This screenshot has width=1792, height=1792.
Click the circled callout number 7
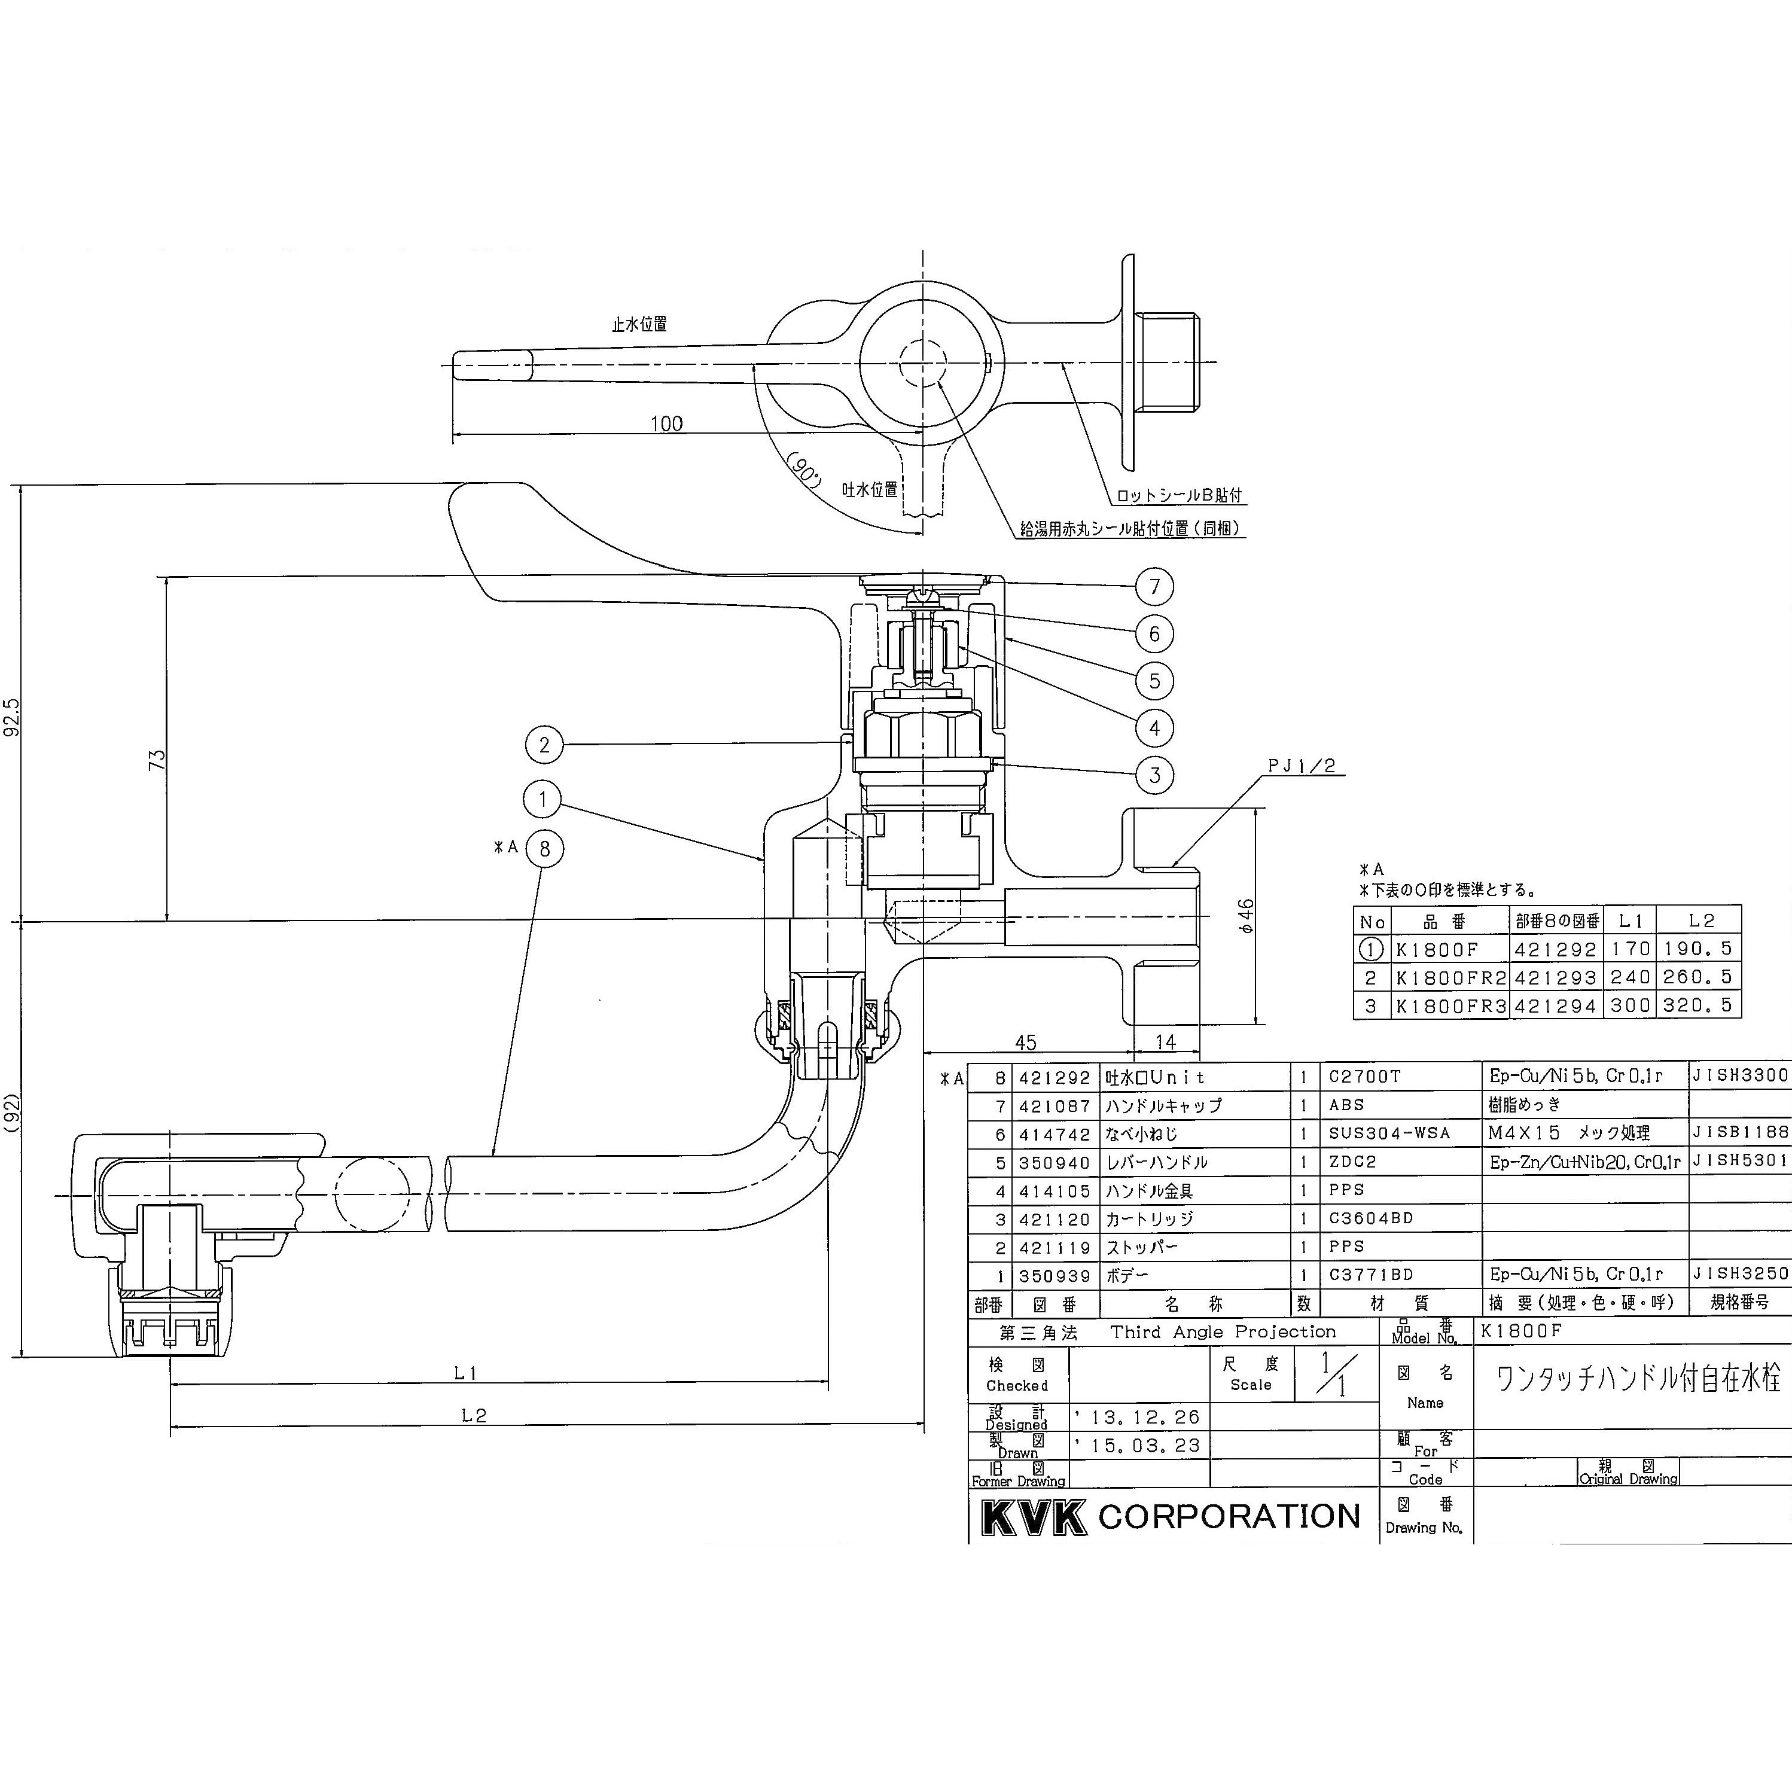[x=1155, y=586]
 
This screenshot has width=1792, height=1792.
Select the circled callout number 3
[x=1155, y=775]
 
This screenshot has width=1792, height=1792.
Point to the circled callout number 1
[x=543, y=799]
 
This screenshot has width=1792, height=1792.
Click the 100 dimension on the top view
[x=666, y=424]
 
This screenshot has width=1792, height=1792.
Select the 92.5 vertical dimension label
[x=12, y=717]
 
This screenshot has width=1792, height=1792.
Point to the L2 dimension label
[x=474, y=1415]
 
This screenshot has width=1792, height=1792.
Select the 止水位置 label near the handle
[x=639, y=325]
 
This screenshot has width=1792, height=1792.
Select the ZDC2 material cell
[x=1352, y=1162]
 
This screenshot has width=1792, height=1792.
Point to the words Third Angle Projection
[x=1223, y=1332]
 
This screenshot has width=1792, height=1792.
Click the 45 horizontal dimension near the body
[x=1025, y=1043]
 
